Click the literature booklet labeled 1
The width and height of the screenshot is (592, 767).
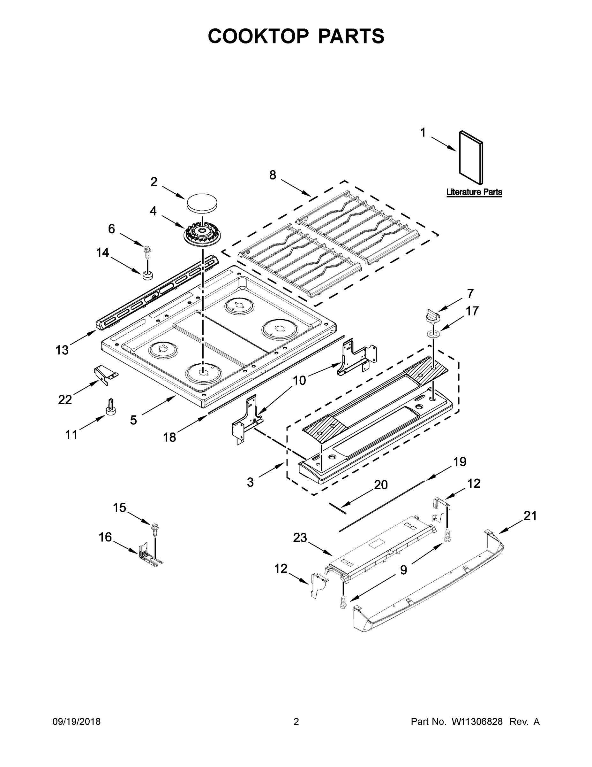point(471,157)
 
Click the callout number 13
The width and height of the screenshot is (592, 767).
point(62,350)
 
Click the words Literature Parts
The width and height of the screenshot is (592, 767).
point(474,192)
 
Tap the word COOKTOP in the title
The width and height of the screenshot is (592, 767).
point(259,36)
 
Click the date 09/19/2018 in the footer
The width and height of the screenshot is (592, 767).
point(77,722)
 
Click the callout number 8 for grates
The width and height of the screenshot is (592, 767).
point(273,174)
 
